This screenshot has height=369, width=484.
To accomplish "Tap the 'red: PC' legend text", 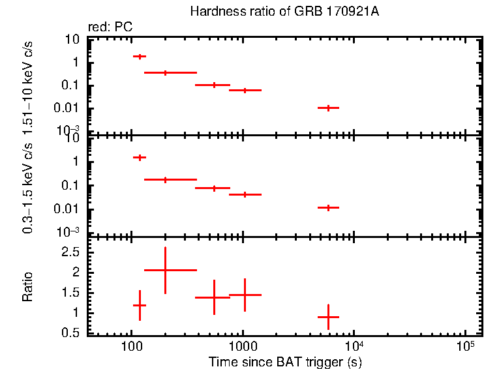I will [x=107, y=27].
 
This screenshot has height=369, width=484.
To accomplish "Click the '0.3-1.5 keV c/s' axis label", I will [x=28, y=186].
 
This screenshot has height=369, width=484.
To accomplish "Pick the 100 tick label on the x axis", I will [x=132, y=344].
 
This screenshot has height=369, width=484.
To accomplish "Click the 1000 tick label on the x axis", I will [x=243, y=344].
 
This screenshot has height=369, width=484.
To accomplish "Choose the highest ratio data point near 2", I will [x=166, y=270].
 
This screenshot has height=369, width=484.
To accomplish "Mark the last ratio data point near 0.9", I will [x=328, y=317].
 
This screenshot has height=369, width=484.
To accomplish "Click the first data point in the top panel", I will [x=140, y=57].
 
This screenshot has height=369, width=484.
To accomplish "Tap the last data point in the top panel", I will [x=328, y=108].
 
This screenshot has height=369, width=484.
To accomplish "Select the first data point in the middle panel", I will [x=140, y=157].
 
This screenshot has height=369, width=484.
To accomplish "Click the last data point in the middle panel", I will [x=328, y=207].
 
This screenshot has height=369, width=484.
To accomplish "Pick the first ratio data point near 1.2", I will [x=140, y=305].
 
